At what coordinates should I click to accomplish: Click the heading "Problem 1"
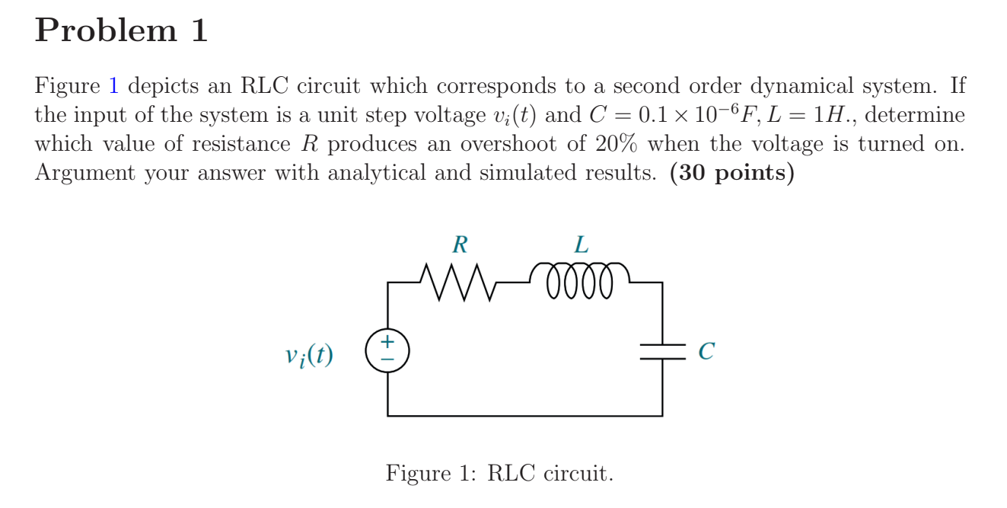tap(121, 31)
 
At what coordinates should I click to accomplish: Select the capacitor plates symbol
tap(662, 351)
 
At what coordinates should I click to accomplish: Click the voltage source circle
tap(387, 351)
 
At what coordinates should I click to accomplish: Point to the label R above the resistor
tap(460, 245)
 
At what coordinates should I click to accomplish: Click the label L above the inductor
tap(581, 245)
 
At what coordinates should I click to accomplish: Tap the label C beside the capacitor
tap(706, 351)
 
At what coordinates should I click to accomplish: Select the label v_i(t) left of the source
tap(309, 355)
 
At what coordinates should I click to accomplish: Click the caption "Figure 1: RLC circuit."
tap(499, 474)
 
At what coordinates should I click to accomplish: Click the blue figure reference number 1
tap(113, 86)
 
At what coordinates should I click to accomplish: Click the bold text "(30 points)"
tap(731, 173)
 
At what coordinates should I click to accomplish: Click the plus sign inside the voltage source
tap(387, 342)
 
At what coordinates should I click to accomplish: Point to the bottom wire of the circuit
tap(524, 416)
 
